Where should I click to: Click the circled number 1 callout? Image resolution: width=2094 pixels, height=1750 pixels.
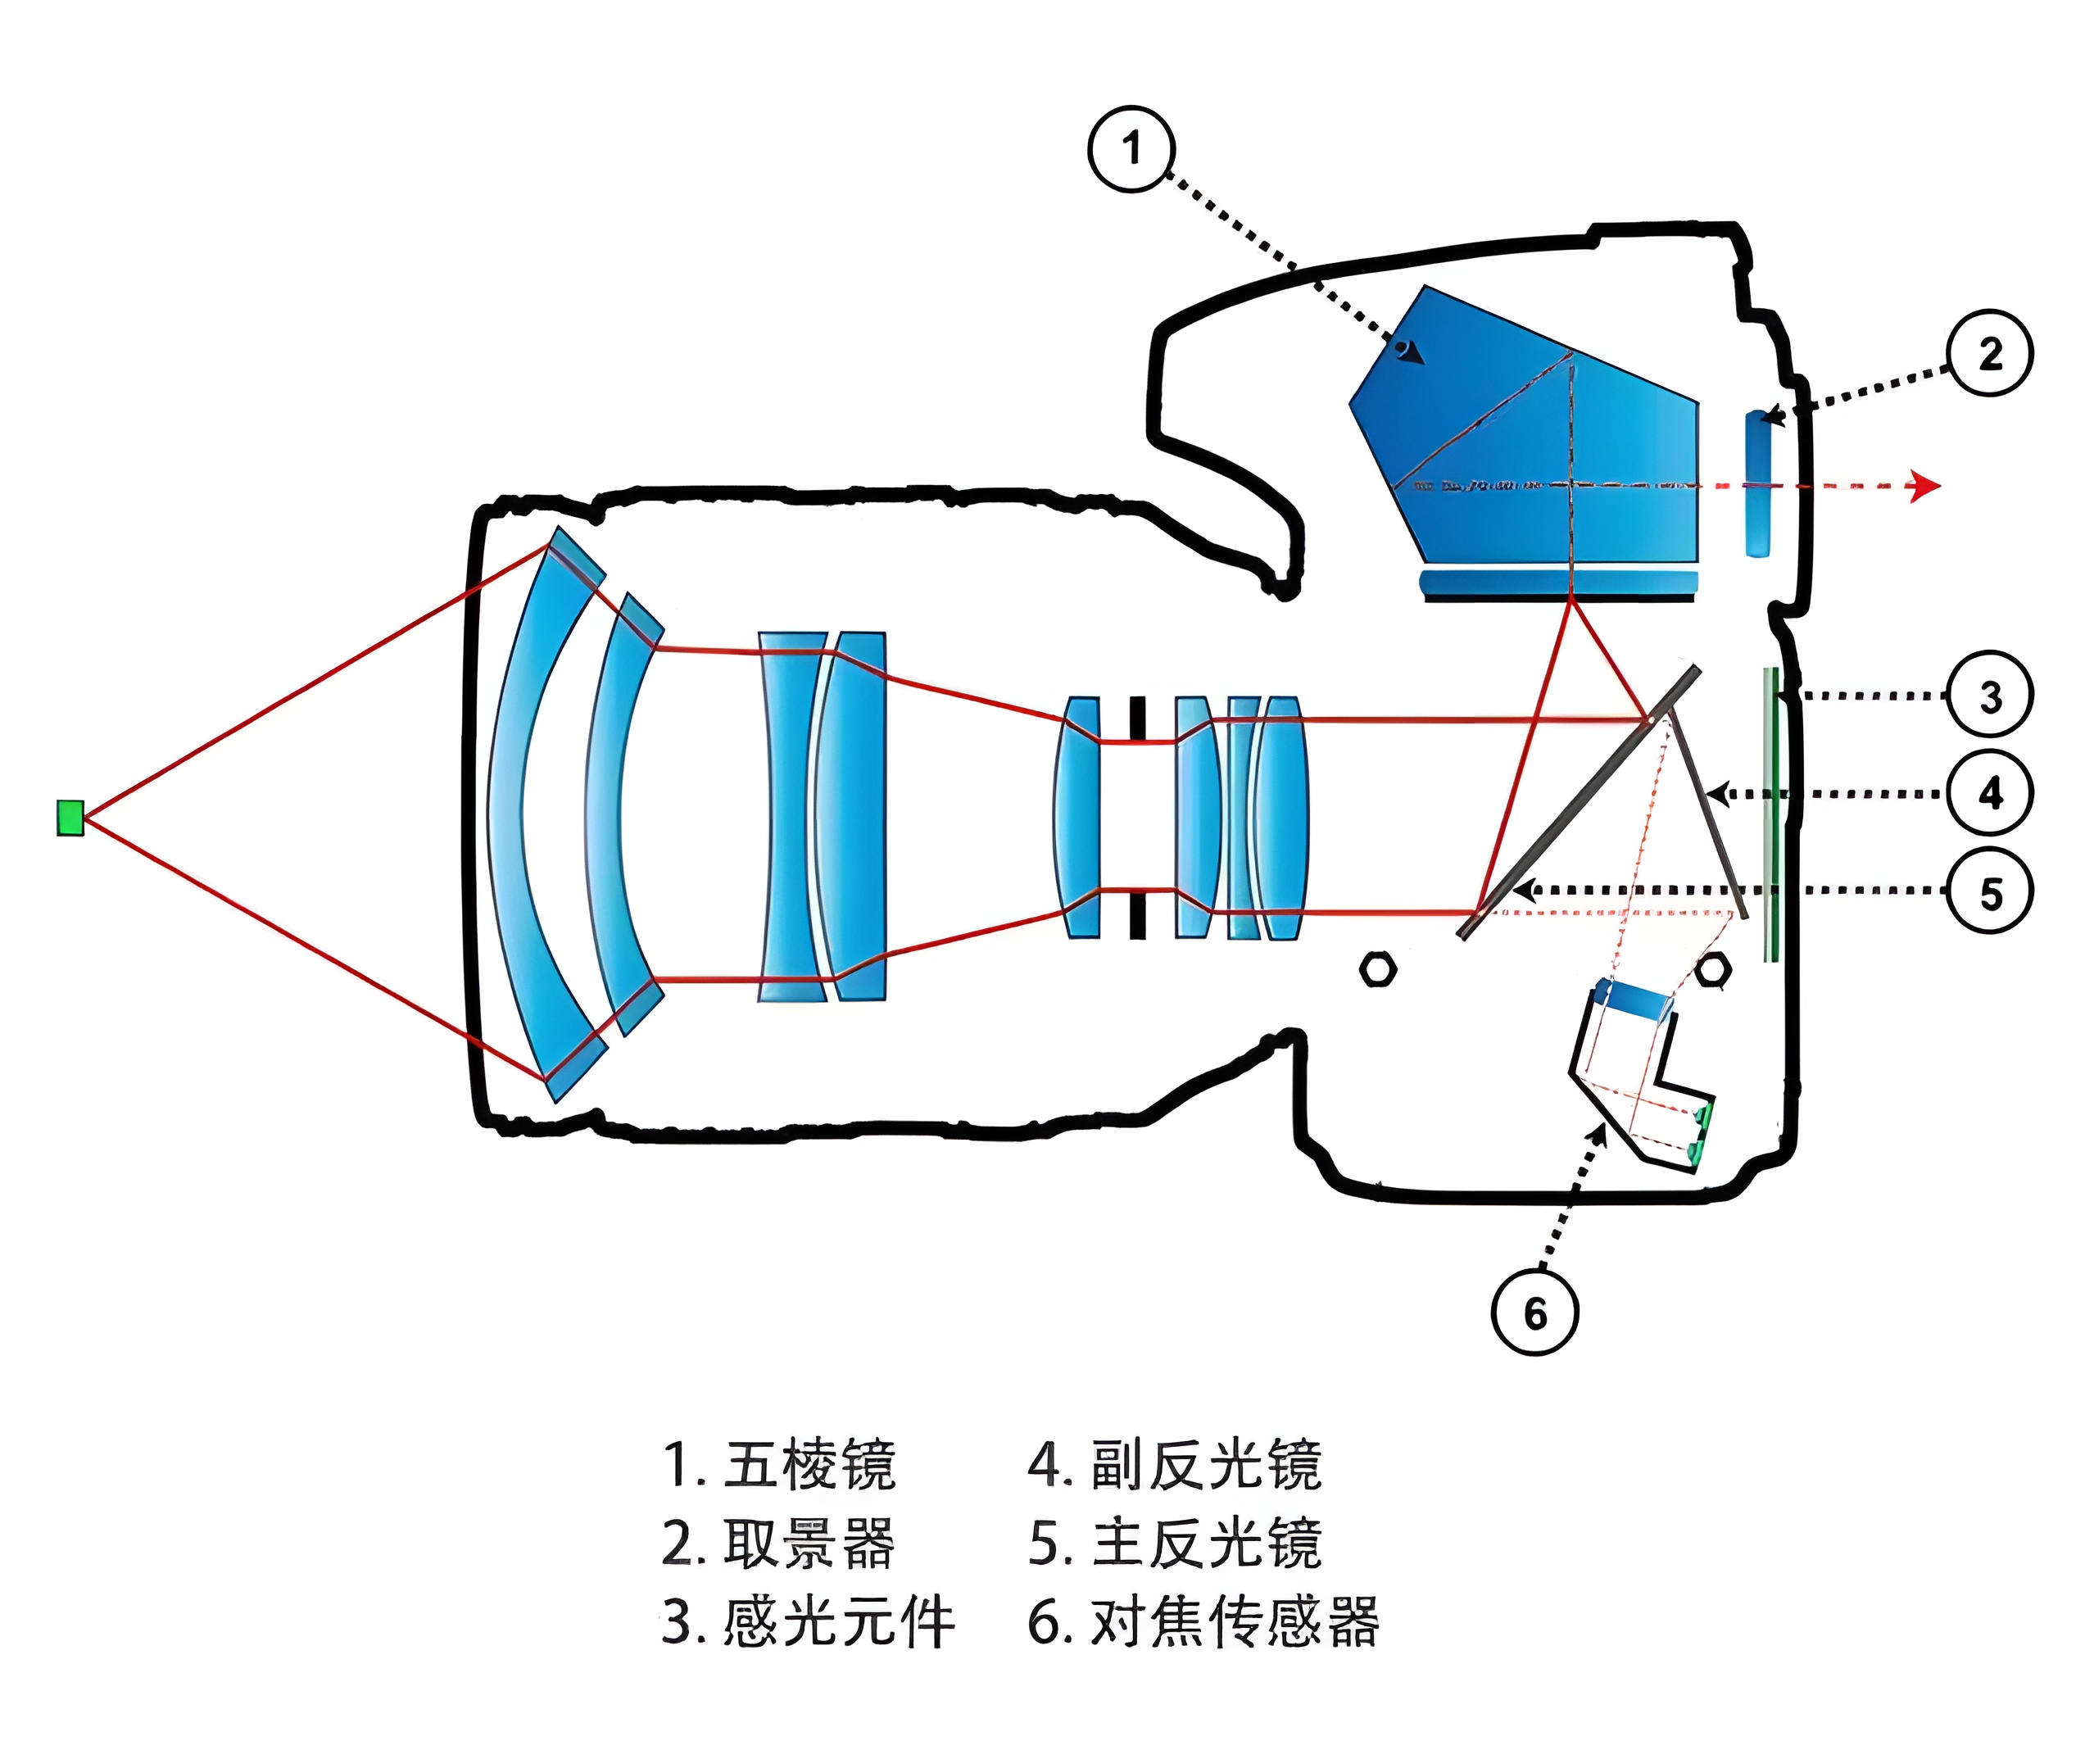click(x=1131, y=150)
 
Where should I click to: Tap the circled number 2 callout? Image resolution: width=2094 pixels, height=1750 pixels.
click(x=1990, y=353)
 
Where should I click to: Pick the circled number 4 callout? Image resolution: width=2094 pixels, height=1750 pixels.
click(x=1990, y=794)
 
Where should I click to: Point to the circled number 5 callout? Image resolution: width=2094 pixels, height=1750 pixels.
click(x=1990, y=892)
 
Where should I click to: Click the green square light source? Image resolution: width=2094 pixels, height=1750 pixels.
click(x=70, y=818)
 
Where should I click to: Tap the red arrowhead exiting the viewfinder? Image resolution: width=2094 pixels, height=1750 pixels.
click(x=1924, y=487)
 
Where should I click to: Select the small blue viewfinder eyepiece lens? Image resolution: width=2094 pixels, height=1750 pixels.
click(x=1758, y=483)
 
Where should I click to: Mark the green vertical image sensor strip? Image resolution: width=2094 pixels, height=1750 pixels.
click(x=1770, y=813)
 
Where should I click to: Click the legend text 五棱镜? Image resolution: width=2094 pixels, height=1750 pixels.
click(x=809, y=1466)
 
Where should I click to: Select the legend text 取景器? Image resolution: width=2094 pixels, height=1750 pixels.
click(x=809, y=1544)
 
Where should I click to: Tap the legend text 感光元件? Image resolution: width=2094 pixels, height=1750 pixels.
click(x=837, y=1623)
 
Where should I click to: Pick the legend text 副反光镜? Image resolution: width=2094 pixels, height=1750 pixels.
click(x=1206, y=1466)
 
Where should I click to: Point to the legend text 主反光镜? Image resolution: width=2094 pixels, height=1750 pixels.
click(x=1206, y=1544)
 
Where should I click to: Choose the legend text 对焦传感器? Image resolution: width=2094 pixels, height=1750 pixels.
click(x=1235, y=1623)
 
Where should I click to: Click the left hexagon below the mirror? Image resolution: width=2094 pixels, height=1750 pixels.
click(x=1378, y=969)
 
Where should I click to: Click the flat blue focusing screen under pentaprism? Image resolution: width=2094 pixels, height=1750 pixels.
click(x=1557, y=583)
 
